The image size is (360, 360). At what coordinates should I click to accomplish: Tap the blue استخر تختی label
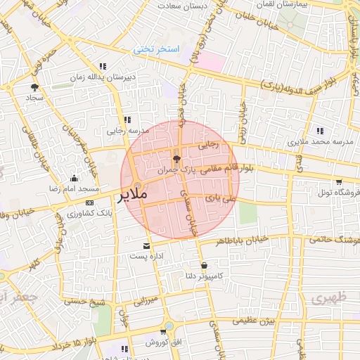[x=157, y=49]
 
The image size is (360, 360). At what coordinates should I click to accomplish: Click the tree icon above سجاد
[x=34, y=87]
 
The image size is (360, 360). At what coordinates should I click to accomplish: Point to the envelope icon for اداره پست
[x=146, y=246]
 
